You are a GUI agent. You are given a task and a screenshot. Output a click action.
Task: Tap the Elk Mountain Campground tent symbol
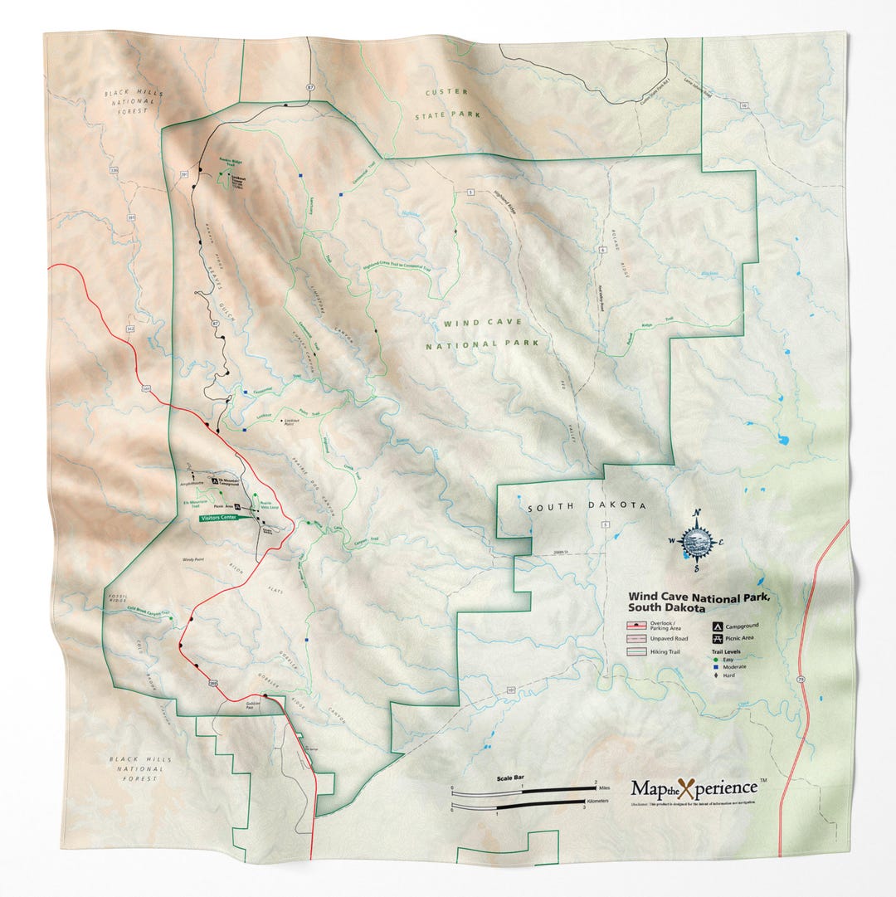tap(215, 480)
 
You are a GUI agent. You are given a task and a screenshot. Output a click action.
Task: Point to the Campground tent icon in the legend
tap(715, 626)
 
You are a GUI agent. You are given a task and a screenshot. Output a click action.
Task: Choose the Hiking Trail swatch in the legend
tap(637, 652)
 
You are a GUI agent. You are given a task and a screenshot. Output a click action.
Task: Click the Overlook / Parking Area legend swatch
tap(637, 625)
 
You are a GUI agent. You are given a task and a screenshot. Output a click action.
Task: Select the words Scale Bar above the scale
tap(509, 778)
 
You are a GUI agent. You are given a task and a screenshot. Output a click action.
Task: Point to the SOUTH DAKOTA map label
tap(586, 505)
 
